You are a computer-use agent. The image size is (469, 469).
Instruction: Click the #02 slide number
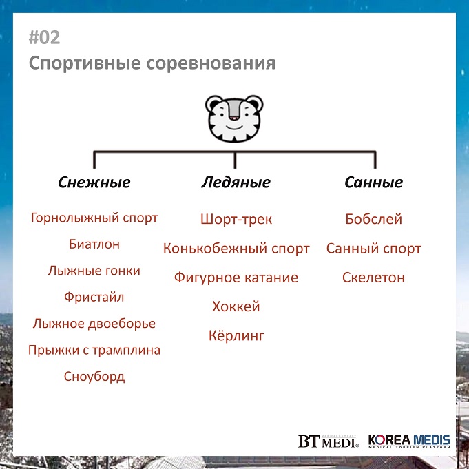[x=44, y=38]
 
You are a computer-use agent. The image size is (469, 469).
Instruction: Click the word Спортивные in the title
[x=85, y=63]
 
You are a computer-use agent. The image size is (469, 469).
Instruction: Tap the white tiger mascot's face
[x=234, y=118]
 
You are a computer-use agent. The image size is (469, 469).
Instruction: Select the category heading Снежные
[x=94, y=182]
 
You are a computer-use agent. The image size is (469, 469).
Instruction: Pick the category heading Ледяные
[x=236, y=182]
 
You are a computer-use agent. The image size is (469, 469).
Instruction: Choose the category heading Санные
[x=373, y=182]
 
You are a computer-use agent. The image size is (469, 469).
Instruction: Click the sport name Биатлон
[x=94, y=244]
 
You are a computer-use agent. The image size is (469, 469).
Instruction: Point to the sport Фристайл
[x=94, y=297]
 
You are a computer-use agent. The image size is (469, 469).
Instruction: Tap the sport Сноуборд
[x=94, y=376]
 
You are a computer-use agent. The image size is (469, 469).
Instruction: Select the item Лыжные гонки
[x=94, y=271]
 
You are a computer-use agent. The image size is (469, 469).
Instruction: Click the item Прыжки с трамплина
[x=94, y=350]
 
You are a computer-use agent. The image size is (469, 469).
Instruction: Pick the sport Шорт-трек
[x=236, y=219]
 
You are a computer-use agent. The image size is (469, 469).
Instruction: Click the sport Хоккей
[x=236, y=306]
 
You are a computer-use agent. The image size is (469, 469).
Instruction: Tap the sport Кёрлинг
[x=236, y=335]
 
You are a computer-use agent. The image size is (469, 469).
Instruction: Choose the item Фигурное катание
[x=236, y=278]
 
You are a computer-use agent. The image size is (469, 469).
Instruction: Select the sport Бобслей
[x=373, y=219]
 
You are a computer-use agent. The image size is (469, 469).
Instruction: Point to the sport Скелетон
[x=373, y=278]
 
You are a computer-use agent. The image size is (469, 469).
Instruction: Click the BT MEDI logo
[x=328, y=441]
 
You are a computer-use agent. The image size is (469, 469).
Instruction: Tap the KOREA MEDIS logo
[x=409, y=441]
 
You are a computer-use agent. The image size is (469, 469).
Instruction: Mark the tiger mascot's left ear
[x=213, y=103]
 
